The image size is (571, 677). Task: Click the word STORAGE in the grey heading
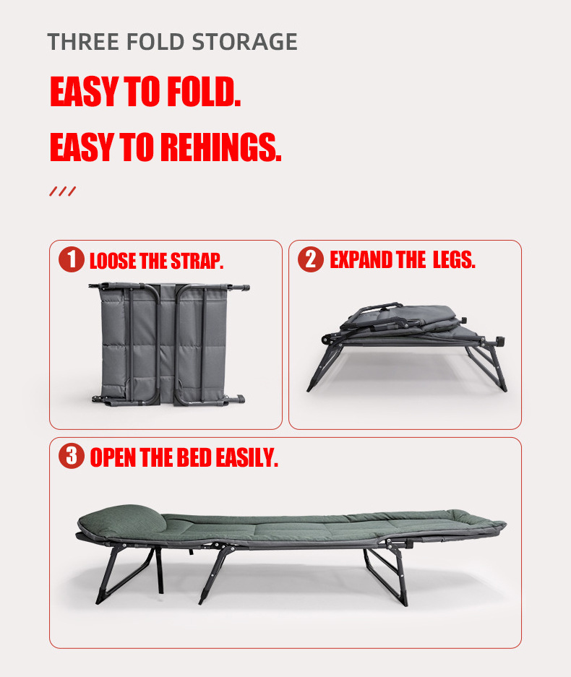pos(244,42)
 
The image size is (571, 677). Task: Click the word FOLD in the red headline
pos(204,91)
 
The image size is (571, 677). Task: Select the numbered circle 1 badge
pos(72,259)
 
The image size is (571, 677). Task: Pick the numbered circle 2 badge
pos(311,259)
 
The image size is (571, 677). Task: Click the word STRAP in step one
pos(197,261)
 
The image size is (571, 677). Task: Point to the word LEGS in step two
pos(454,260)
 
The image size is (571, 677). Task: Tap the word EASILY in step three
pos(246,457)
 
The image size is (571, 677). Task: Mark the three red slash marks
pos(63,191)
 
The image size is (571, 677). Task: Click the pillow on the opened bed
pos(123,521)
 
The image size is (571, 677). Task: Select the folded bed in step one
pos(169,345)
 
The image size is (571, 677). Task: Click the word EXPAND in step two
pos(361,260)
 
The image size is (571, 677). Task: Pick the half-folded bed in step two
pos(406,347)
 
